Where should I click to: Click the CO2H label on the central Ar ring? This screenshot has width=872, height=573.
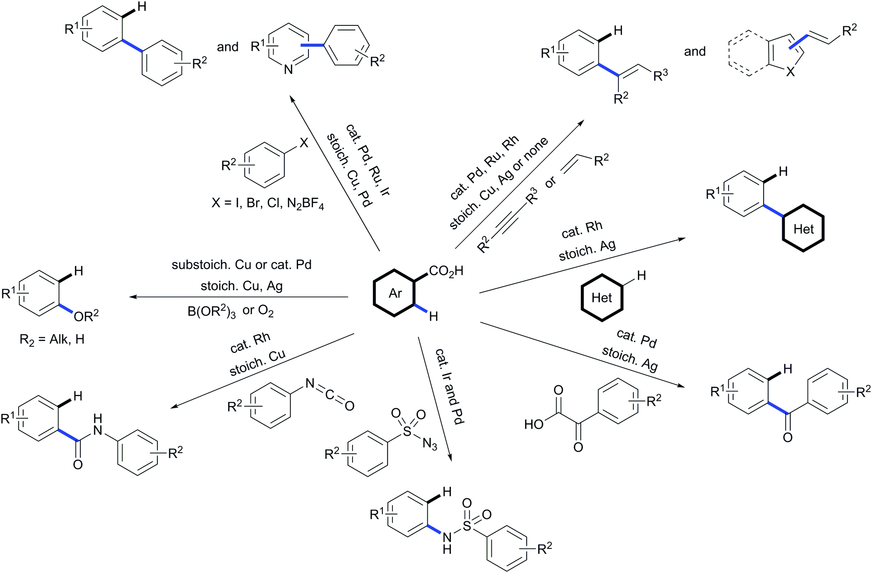446,272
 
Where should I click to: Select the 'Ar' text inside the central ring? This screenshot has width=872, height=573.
395,294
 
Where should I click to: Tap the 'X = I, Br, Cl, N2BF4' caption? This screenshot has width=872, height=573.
268,203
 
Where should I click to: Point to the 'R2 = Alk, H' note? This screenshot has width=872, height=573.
52,340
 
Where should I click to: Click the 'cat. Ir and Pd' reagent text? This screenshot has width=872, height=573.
450,386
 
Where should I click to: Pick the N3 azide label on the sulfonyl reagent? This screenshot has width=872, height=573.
430,444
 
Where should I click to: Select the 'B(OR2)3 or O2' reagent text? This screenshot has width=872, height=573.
230,311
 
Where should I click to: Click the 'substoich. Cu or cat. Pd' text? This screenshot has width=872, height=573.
241,265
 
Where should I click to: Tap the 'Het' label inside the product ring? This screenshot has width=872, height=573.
803,229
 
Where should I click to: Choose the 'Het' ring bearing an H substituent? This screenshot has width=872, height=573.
602,298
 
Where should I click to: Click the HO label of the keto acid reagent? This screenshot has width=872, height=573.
534,425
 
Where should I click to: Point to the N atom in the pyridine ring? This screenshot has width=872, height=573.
289,69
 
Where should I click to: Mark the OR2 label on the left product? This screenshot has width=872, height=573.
86,316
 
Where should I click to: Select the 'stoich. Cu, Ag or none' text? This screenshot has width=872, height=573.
499,183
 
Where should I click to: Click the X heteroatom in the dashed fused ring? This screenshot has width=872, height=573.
790,71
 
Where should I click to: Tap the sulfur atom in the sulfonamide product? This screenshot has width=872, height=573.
467,526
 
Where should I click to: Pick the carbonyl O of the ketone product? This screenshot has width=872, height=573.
788,437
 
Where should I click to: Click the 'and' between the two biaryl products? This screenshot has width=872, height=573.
228,47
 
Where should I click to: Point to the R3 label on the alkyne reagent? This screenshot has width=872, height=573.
532,196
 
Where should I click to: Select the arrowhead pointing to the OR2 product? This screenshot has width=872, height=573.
132,297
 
